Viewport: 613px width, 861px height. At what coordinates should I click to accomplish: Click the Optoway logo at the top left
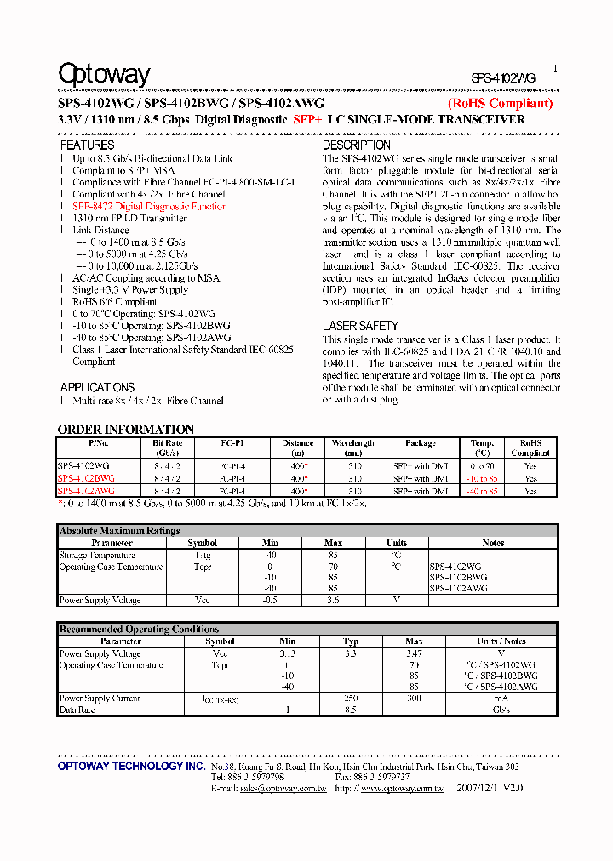tap(104, 75)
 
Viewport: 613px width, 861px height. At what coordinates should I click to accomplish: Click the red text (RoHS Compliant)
tap(501, 103)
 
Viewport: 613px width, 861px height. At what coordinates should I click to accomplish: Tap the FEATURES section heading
tap(87, 145)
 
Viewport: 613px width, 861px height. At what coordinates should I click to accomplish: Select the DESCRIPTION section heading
tap(356, 145)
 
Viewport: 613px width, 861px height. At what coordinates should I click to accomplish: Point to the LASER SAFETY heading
tap(360, 326)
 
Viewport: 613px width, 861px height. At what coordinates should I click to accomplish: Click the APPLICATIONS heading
tap(97, 387)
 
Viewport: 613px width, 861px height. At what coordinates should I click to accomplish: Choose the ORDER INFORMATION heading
tap(126, 430)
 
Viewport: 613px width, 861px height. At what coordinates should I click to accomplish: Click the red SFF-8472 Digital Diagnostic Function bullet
tap(150, 206)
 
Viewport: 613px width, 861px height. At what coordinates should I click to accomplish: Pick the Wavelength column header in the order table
tap(352, 443)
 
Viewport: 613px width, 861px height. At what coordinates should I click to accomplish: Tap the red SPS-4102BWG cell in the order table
tap(86, 479)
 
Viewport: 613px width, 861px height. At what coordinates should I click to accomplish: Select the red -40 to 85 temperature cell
tap(483, 492)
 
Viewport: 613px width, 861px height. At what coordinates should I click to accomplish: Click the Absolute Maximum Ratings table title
tap(119, 531)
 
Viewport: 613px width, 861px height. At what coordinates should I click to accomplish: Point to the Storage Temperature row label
tap(98, 556)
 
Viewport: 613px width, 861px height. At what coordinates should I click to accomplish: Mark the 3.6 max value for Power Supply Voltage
tap(333, 601)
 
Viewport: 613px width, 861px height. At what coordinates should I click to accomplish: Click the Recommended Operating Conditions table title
tap(139, 630)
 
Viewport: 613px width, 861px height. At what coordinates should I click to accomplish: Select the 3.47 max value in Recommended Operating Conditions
tap(414, 653)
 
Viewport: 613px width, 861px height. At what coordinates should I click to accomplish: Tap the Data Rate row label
tap(77, 710)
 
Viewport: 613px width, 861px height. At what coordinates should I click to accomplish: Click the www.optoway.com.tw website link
tap(402, 789)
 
